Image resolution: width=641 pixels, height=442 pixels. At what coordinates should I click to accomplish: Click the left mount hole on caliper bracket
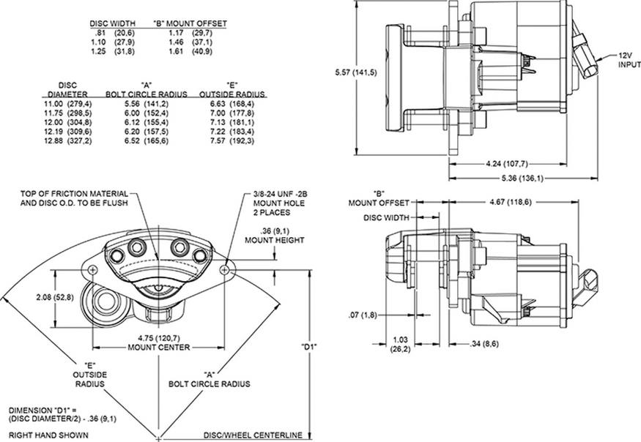(x=93, y=269)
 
